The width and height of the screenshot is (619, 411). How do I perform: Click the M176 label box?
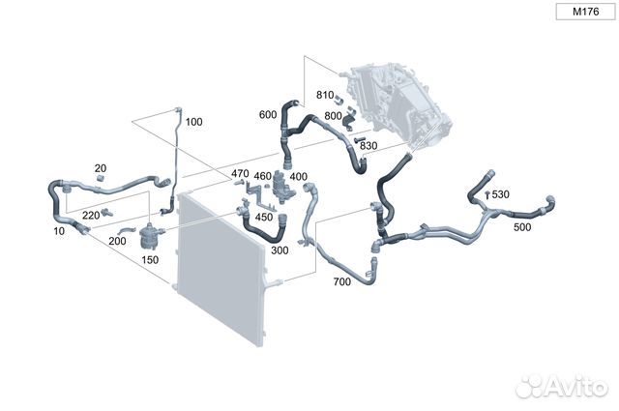click(x=585, y=12)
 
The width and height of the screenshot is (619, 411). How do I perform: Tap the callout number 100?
click(x=193, y=122)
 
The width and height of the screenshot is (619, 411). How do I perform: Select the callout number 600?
click(x=268, y=115)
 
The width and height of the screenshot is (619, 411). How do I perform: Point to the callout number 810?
click(x=325, y=95)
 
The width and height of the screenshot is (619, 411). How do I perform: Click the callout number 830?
click(x=368, y=146)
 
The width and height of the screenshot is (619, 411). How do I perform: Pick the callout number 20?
click(x=101, y=168)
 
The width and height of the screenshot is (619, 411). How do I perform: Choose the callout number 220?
click(x=91, y=216)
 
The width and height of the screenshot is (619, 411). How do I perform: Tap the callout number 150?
click(x=150, y=260)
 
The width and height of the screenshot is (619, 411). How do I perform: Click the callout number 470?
click(x=240, y=173)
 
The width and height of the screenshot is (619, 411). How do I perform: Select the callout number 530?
click(x=501, y=194)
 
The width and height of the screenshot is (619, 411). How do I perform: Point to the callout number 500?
click(x=522, y=227)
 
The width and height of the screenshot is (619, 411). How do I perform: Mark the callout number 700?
click(x=341, y=281)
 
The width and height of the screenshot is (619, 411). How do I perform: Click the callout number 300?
click(x=280, y=250)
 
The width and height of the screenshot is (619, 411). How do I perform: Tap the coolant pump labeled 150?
click(x=151, y=236)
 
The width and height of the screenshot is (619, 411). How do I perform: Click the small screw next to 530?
click(x=487, y=194)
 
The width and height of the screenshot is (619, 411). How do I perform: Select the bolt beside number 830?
click(x=360, y=139)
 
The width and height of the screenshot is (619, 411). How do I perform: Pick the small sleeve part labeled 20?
click(x=101, y=178)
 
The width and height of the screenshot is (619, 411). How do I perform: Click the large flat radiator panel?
click(x=221, y=269)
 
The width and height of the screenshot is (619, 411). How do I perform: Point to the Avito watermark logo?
click(x=562, y=386)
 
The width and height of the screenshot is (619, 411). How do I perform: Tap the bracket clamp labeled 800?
click(x=349, y=119)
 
